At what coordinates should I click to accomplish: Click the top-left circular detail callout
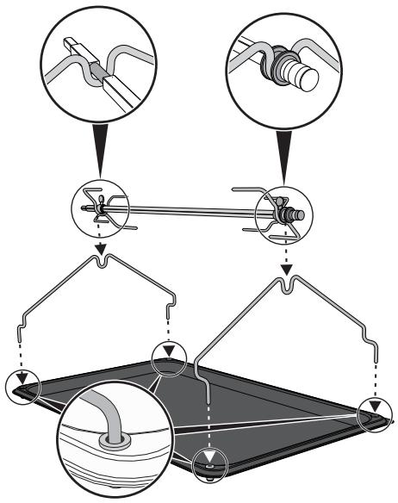(x=100, y=59)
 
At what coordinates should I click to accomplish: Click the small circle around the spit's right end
(x=282, y=209)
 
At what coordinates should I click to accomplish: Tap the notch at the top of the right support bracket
(x=288, y=286)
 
